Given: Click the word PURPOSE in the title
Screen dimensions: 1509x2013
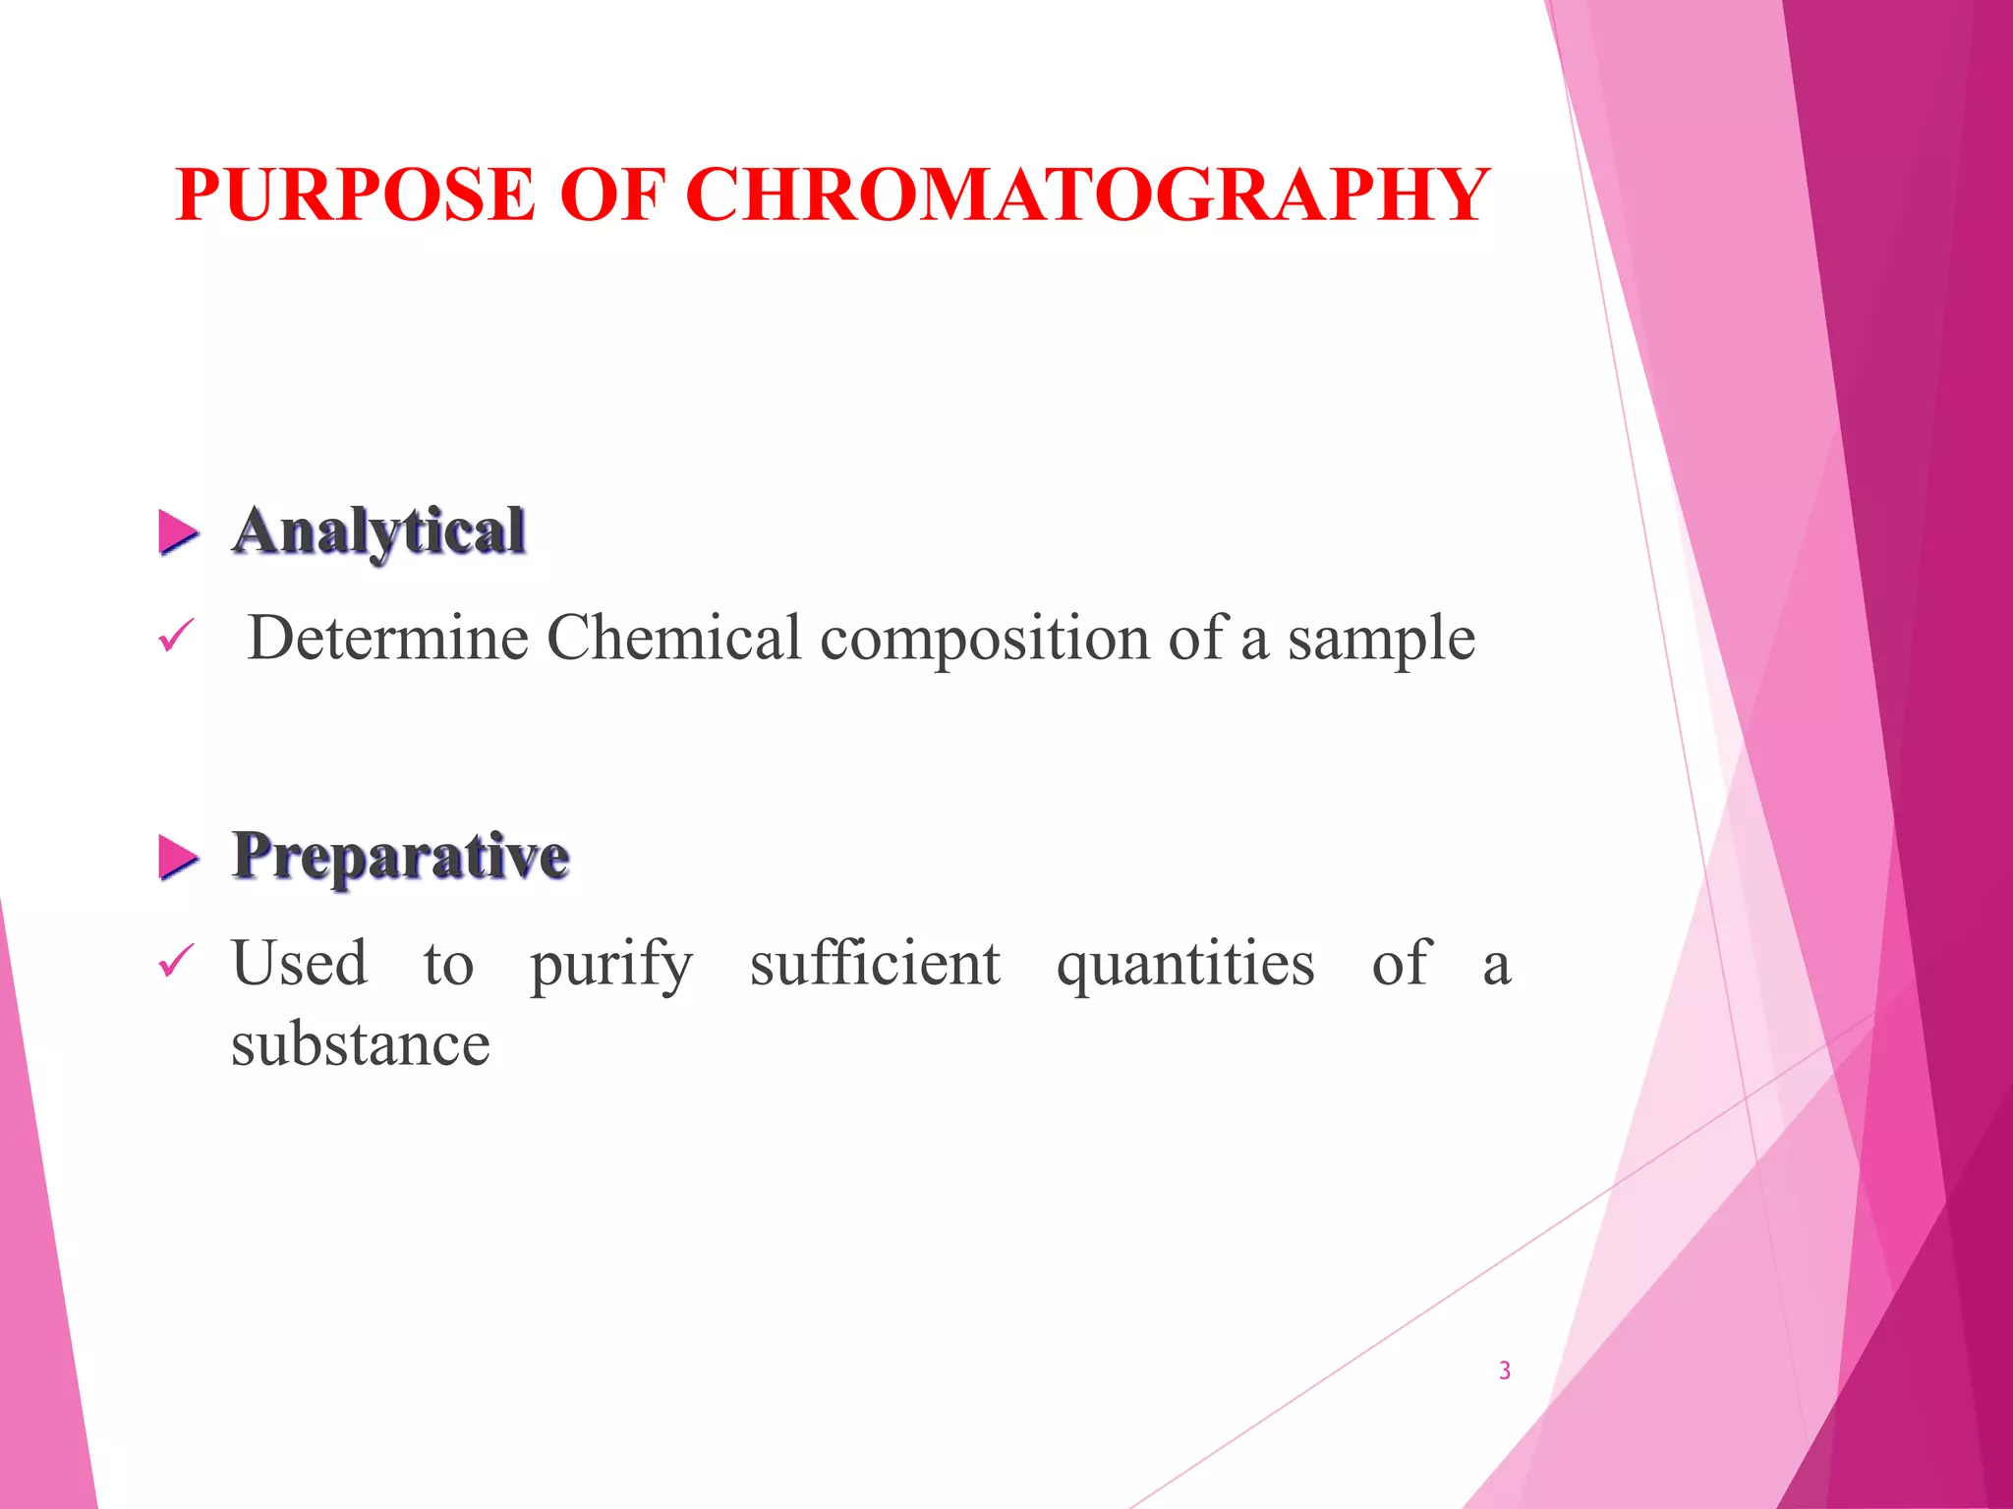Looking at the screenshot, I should (355, 195).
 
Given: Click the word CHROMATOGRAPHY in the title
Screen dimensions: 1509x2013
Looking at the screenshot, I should (1092, 195).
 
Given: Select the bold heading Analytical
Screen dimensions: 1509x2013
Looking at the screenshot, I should (378, 531).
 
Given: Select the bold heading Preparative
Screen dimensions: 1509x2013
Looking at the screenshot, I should (400, 856).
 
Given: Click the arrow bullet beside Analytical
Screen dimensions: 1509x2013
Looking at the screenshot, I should (178, 533).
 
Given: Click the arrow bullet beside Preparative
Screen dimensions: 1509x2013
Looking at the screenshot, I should (178, 858).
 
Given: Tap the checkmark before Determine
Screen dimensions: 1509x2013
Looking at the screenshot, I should (176, 638).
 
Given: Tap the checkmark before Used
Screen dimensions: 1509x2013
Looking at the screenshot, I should (176, 961).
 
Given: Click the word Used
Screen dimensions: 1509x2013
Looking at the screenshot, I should (300, 963).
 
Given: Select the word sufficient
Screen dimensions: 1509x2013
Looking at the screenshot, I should (875, 963).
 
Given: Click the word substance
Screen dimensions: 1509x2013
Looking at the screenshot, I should (361, 1044).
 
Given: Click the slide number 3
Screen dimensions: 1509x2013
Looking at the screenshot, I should (1505, 1370).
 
